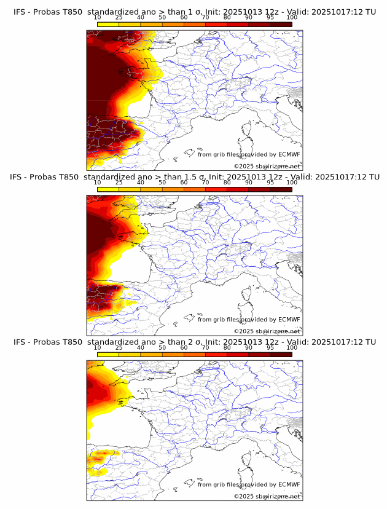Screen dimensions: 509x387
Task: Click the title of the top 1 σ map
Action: tap(193, 12)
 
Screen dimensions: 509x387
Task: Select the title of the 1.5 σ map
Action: tap(193, 177)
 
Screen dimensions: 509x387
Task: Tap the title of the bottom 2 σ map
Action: tap(193, 342)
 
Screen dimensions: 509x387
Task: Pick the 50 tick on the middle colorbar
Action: tap(162, 183)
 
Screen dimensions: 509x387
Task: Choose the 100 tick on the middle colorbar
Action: tap(292, 183)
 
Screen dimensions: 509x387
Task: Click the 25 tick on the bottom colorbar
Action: tap(119, 348)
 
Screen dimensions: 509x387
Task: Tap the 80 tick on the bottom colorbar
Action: tap(227, 348)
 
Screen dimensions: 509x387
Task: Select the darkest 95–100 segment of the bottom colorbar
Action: tap(281, 355)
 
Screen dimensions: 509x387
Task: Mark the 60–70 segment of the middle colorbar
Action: tap(195, 189)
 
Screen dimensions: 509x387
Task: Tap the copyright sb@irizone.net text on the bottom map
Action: tap(267, 496)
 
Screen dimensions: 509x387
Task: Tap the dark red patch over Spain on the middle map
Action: tap(101, 291)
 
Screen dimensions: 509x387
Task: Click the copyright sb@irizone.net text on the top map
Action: tap(267, 167)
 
